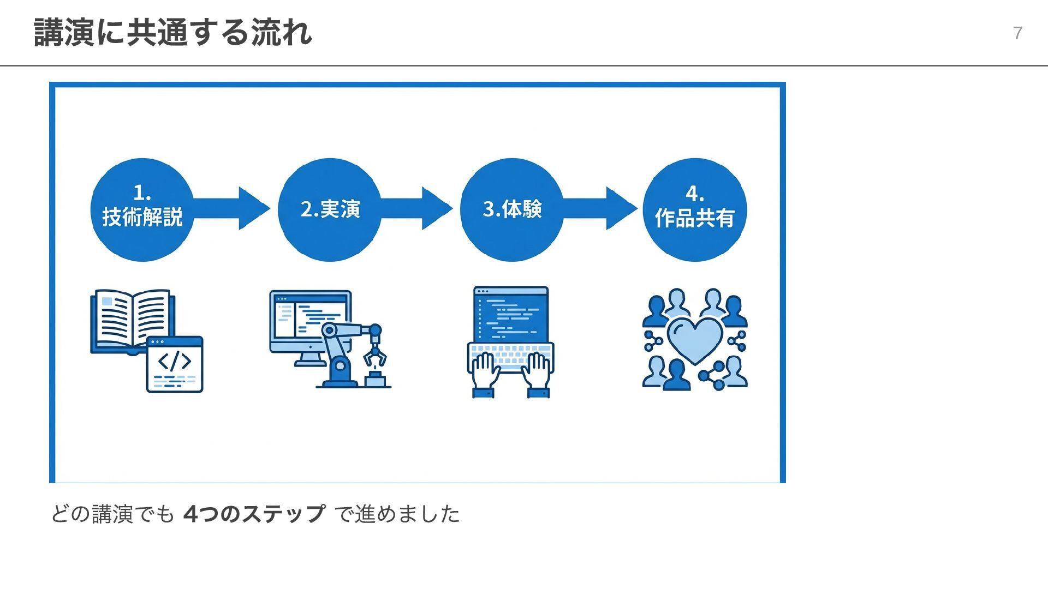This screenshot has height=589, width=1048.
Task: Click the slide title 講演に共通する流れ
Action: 172,33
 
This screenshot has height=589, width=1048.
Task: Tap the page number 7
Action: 1017,33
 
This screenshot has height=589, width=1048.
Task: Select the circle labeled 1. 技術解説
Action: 142,209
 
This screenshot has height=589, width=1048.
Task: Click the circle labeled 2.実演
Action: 330,209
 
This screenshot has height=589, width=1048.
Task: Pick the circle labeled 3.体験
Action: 512,209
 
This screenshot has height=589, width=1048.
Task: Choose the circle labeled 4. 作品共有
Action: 694,209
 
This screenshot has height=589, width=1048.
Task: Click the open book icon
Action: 132,319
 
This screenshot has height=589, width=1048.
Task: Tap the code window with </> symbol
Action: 175,364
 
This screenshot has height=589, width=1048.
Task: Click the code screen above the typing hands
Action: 511,314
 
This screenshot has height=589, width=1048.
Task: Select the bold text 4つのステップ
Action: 254,514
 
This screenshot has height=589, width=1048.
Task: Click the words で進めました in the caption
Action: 397,514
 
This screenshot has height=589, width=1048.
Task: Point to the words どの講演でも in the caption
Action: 112,514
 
